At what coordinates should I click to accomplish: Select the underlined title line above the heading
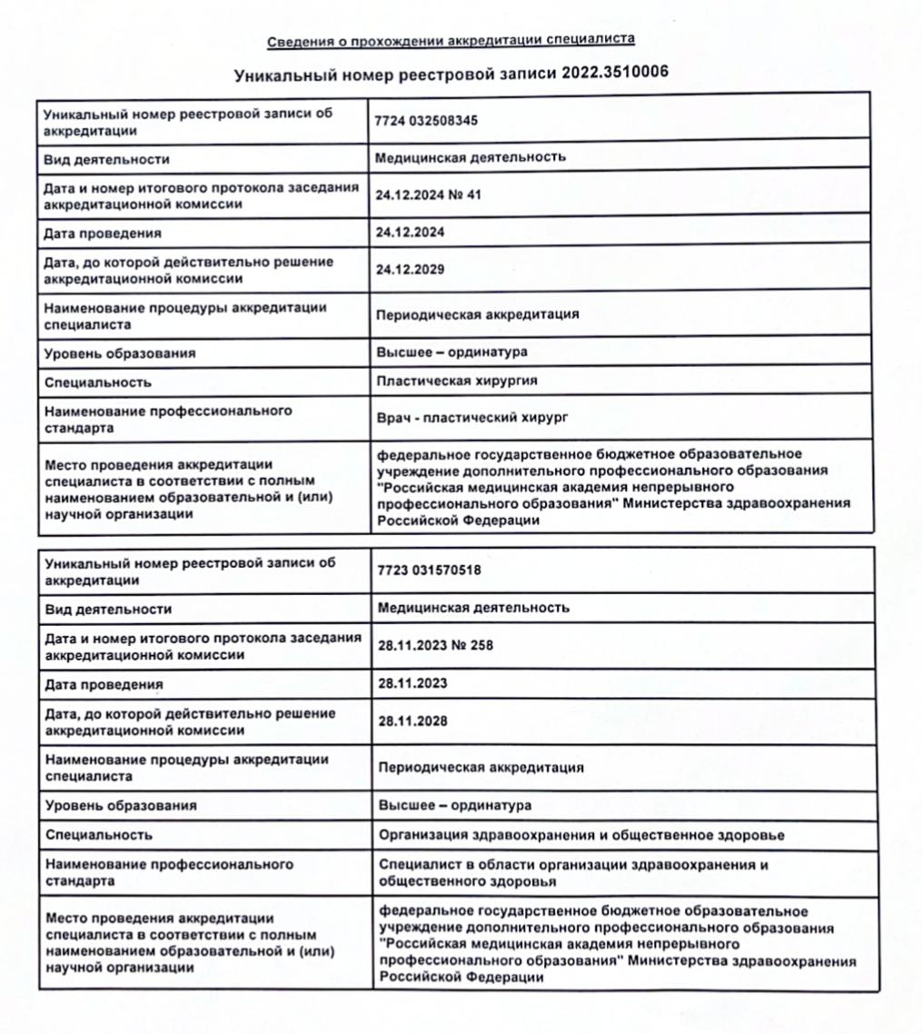[x=451, y=40]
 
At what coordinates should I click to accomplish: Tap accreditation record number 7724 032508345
[x=427, y=119]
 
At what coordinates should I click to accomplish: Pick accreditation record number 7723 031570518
[x=429, y=570]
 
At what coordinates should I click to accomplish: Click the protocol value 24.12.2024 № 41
[x=428, y=194]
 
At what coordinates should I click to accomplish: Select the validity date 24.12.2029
[x=411, y=270]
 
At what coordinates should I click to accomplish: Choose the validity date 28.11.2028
[x=413, y=721]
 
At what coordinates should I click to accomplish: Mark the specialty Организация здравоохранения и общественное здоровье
[x=581, y=834]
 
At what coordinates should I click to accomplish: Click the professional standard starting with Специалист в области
[x=573, y=873]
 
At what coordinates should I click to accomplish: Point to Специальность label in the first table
[x=98, y=383]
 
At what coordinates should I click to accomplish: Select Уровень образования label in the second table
[x=121, y=806]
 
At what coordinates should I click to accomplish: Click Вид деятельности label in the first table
[x=107, y=159]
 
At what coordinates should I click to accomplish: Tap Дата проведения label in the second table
[x=104, y=684]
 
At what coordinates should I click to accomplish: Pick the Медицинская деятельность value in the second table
[x=473, y=607]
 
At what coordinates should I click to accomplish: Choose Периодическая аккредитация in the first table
[x=478, y=315]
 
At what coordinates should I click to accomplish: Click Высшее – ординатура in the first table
[x=451, y=352]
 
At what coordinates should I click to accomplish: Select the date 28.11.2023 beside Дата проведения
[x=413, y=682]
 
